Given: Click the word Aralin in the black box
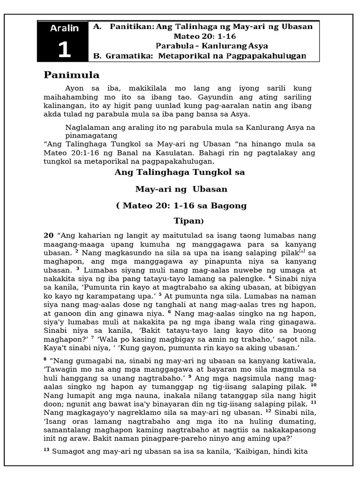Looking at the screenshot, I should [x=65, y=28].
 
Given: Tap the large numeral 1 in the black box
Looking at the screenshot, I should [x=65, y=49].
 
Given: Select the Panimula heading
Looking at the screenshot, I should [x=72, y=75].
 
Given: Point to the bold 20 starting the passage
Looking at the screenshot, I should [x=48, y=235].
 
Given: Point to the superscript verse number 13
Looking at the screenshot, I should [x=46, y=450].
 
